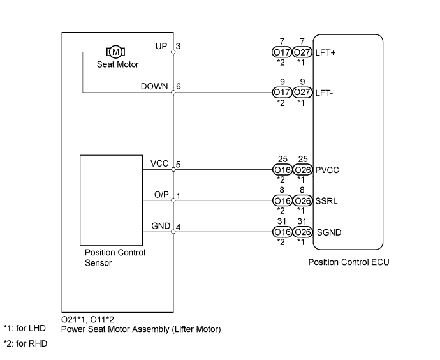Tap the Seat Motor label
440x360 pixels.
coord(117,64)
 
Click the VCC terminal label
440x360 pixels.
coord(159,164)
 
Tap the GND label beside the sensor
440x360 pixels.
coord(159,226)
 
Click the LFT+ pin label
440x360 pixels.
coord(326,54)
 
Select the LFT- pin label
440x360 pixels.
coord(325,93)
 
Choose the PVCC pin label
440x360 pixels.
coord(326,170)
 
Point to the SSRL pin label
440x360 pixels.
coord(326,201)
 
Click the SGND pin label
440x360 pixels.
coord(328,232)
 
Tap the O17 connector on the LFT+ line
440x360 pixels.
coord(281,54)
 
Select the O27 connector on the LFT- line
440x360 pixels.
coord(303,93)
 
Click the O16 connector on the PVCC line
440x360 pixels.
coord(281,170)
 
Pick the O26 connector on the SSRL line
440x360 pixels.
coord(303,201)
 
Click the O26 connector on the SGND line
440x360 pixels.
coord(303,232)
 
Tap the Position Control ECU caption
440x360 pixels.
coord(348,262)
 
